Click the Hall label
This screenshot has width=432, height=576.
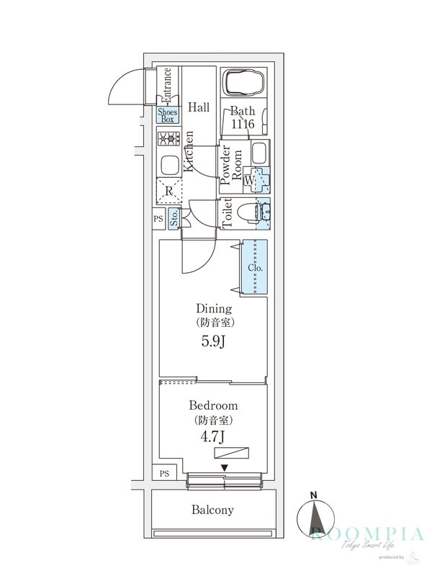(x=199, y=107)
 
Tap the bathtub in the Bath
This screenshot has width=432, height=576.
(x=243, y=83)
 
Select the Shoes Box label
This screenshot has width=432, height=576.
(x=168, y=116)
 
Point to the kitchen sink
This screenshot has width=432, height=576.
(x=168, y=166)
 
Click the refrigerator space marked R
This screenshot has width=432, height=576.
(x=168, y=191)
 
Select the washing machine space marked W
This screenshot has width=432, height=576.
(x=249, y=179)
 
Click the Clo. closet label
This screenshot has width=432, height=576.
(x=255, y=268)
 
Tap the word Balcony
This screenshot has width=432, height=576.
(x=212, y=510)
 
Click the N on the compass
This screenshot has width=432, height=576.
(x=313, y=495)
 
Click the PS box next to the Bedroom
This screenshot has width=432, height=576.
(x=165, y=473)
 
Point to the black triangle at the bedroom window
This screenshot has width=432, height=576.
(x=225, y=469)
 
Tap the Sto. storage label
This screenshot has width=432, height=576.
(x=174, y=218)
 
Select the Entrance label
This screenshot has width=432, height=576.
(x=167, y=85)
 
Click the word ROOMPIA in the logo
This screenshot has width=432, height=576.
(x=367, y=534)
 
